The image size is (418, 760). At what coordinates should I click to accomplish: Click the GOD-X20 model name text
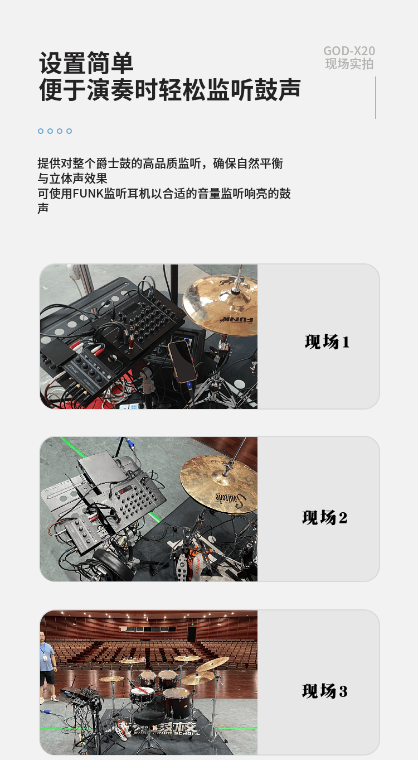[x=349, y=51]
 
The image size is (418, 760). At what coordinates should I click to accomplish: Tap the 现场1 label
[x=327, y=341]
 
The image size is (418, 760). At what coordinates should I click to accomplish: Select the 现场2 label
[x=325, y=517]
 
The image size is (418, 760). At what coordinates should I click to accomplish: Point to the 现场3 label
[x=325, y=691]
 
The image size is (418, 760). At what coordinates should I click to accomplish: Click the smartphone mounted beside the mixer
[x=182, y=362]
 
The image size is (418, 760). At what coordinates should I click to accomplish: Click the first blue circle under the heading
[x=41, y=131]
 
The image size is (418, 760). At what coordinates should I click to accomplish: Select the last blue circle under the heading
[x=69, y=131]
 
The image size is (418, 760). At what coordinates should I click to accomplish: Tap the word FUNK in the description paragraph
[x=88, y=194]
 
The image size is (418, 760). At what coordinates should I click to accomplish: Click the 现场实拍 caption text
[x=349, y=64]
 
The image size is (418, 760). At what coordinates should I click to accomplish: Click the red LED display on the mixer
[x=125, y=489]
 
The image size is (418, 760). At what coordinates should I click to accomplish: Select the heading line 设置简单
[x=86, y=63]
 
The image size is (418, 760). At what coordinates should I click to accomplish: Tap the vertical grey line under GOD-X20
[x=375, y=98]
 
